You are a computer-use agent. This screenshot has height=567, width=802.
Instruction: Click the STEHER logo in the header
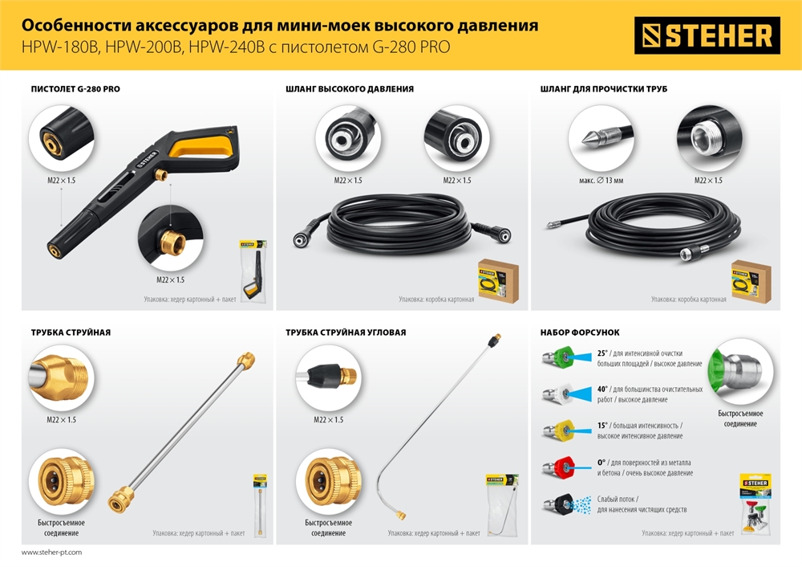point(707,35)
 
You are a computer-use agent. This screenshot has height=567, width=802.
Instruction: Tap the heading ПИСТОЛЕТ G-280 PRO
point(75,88)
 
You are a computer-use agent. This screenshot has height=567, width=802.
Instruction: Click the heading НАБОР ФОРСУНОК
point(580,332)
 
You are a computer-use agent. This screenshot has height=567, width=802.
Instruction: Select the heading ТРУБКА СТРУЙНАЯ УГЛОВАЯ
point(346,332)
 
